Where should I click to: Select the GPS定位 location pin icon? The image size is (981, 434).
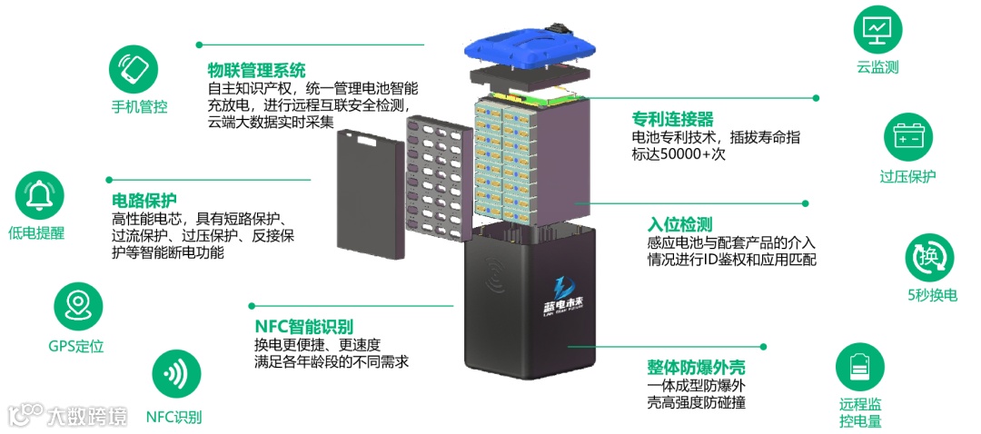(x=78, y=306)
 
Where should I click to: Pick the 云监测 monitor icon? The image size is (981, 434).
(x=877, y=29)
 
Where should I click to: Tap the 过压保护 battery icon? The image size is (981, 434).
(x=907, y=139)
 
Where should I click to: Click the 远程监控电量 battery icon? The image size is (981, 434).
(x=859, y=367)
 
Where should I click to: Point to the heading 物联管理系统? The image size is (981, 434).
(x=256, y=70)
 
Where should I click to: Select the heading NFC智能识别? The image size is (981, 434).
(x=303, y=326)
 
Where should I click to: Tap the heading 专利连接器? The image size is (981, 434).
(x=672, y=119)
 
